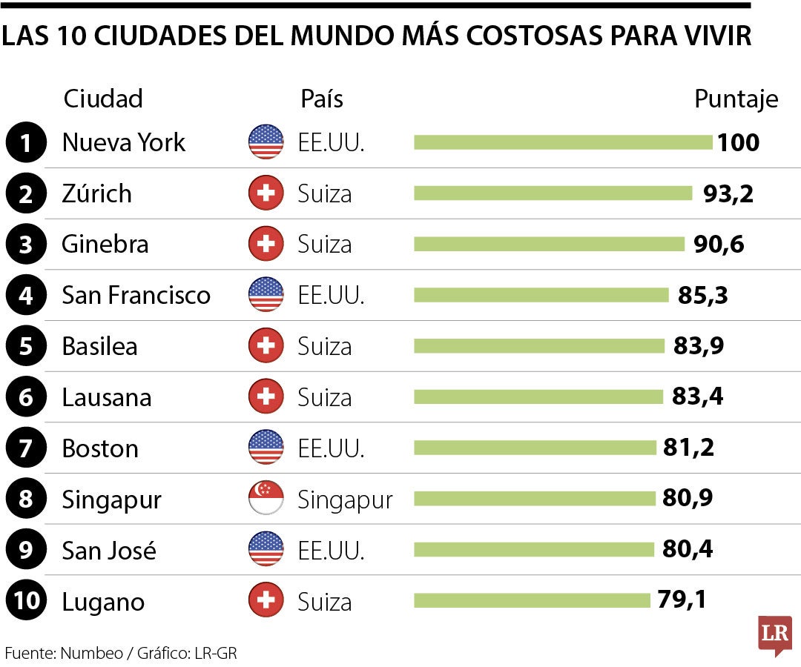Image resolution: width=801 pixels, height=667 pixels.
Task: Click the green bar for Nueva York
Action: coord(562,142)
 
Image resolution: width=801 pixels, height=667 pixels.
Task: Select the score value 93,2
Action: coord(728,193)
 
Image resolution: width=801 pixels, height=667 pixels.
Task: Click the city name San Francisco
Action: coord(136,295)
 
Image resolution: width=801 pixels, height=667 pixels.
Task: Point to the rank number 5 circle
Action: coord(26,346)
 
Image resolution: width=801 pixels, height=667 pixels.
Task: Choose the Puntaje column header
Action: coord(736,99)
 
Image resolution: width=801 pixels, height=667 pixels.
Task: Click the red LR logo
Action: coord(774,634)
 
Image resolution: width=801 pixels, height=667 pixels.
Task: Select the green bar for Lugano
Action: coord(531,600)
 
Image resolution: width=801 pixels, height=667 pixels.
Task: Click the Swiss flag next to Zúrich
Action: coord(266,193)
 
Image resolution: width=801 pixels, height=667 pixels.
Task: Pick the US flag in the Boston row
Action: coord(266,448)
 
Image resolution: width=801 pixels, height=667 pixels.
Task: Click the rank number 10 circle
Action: coord(26,601)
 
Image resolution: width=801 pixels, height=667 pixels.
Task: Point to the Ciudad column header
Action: coord(103,99)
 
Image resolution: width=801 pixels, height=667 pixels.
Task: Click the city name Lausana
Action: coord(107,397)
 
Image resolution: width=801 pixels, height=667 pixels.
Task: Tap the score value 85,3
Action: coord(702,295)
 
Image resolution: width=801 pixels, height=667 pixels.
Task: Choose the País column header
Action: coord(322,99)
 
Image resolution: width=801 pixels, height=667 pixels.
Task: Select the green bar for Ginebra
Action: coord(549,244)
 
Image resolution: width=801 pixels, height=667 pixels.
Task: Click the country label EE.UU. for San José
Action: coord(331,550)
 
